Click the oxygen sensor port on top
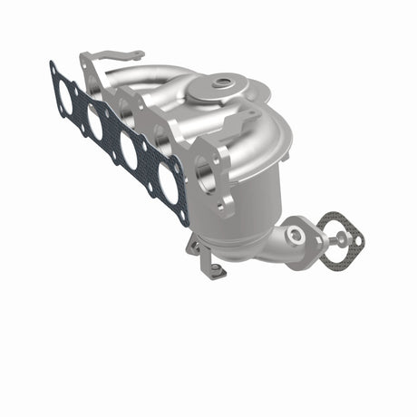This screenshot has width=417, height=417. pyautogui.click(x=221, y=84)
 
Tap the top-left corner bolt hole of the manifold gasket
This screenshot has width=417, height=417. pyautogui.click(x=53, y=67)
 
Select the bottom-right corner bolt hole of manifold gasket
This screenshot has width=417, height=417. pyautogui.click(x=184, y=218)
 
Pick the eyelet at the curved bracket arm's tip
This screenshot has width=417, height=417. pyautogui.click(x=138, y=54)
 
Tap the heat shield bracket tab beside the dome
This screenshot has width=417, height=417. pyautogui.click(x=250, y=119)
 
